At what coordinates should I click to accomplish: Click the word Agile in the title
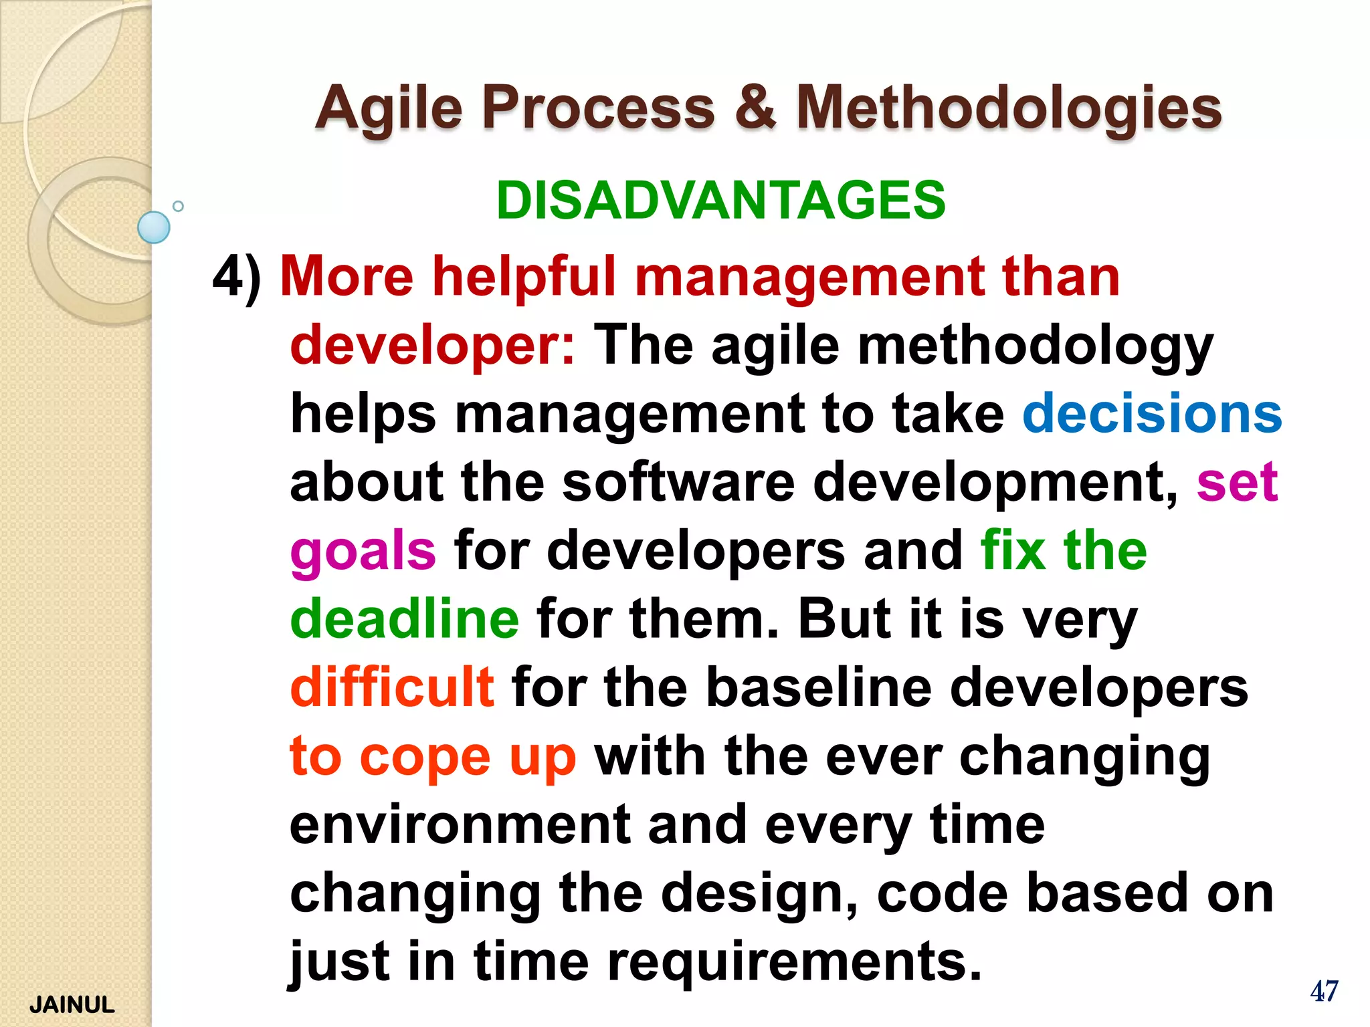point(389,108)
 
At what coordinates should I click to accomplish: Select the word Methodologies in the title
point(1009,108)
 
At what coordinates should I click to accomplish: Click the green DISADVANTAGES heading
point(720,200)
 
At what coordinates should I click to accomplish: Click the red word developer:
point(432,346)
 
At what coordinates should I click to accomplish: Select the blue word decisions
point(1152,413)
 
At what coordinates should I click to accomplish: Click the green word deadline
point(404,618)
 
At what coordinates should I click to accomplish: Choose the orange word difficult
point(392,687)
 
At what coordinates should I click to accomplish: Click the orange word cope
point(425,757)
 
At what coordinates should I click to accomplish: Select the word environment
point(460,825)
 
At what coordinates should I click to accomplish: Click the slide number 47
point(1324,992)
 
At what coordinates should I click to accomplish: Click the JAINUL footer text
point(72,1005)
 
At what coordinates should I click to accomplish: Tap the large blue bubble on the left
point(154,227)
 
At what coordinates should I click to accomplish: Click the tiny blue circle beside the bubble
point(178,206)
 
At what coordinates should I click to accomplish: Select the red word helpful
point(524,276)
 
